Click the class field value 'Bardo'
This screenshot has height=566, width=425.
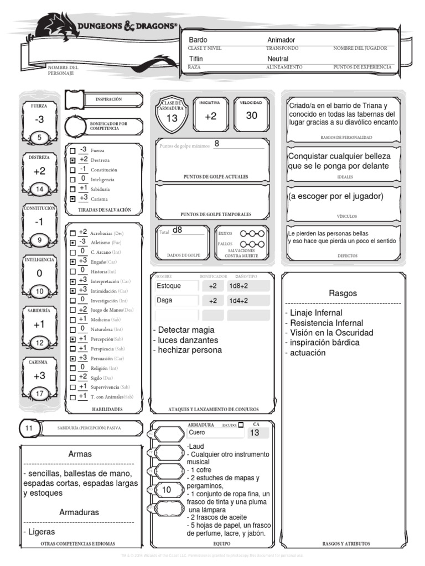[198, 40]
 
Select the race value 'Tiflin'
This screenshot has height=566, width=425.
[196, 59]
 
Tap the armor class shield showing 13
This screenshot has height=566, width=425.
[172, 118]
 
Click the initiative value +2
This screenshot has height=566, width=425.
[211, 116]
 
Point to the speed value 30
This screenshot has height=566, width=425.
[252, 116]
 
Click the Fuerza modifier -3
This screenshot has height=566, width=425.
[39, 120]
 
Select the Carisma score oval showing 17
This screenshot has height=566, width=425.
[39, 394]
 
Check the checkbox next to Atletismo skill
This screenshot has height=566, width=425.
[72, 243]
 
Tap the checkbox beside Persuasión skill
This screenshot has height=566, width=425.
[72, 359]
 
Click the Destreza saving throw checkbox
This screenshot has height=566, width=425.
[72, 160]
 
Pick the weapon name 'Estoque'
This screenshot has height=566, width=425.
[168, 286]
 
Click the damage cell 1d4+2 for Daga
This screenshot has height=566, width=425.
[239, 301]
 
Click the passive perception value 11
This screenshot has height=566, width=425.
[30, 428]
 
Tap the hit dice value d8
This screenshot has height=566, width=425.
[177, 230]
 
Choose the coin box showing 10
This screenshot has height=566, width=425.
[166, 490]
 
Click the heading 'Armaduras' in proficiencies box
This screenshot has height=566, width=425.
[79, 512]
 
